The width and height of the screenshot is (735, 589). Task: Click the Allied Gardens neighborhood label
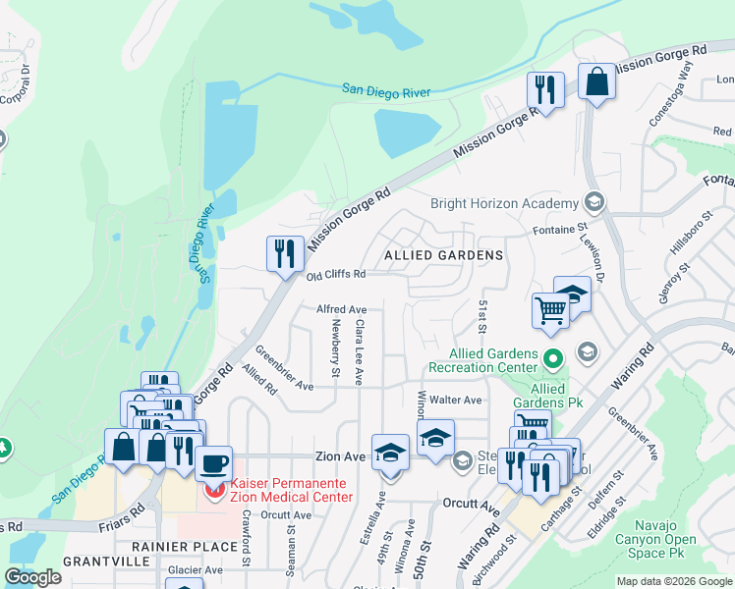(443, 255)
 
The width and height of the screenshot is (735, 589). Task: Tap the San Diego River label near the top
(386, 91)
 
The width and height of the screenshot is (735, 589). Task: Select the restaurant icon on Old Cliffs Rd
(282, 253)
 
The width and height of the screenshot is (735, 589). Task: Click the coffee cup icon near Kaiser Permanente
(213, 461)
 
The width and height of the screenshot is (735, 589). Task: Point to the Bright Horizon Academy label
(505, 203)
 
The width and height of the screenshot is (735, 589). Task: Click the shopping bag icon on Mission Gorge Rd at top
(596, 81)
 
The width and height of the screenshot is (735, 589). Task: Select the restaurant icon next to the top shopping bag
(543, 89)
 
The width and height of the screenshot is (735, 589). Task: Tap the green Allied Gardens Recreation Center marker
(553, 359)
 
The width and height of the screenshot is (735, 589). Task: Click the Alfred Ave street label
(341, 309)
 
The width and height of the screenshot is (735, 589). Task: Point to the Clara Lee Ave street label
(360, 350)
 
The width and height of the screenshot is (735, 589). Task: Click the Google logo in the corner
(32, 577)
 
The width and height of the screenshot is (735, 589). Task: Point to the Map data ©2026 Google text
(674, 581)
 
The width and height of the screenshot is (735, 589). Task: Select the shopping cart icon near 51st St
(551, 310)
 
